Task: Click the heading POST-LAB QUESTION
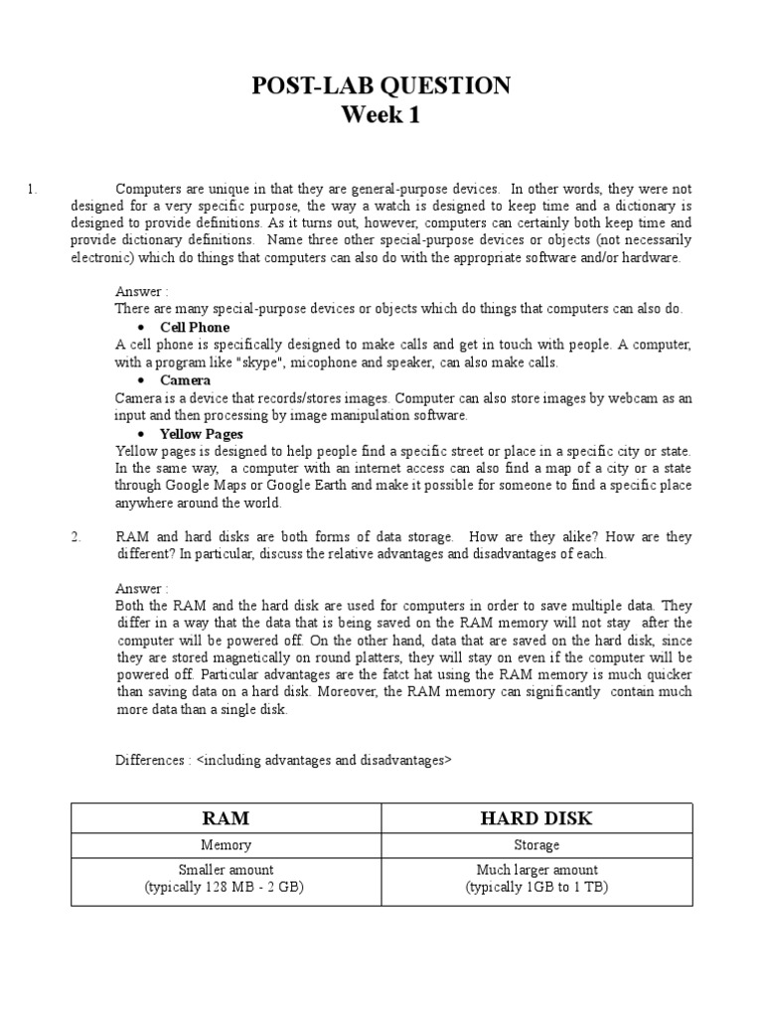click(381, 86)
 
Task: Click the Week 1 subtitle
click(381, 115)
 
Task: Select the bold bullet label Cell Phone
click(195, 327)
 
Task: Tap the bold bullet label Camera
click(185, 380)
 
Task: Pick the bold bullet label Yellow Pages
click(202, 434)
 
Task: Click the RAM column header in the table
click(226, 817)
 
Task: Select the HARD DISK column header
click(537, 817)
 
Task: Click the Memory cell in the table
click(226, 845)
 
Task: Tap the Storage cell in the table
click(537, 845)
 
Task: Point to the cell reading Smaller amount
click(226, 870)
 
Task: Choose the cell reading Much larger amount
click(537, 870)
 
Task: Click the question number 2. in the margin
click(75, 536)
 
